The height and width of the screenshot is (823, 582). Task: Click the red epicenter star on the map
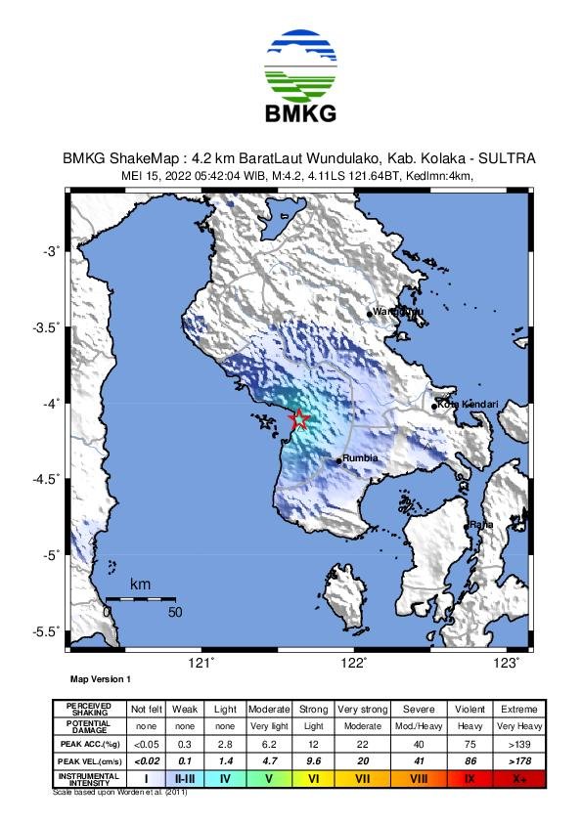(x=299, y=419)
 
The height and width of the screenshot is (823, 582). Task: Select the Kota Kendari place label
(x=470, y=404)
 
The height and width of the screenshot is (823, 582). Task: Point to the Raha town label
(x=480, y=525)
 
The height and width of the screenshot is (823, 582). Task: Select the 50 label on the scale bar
(x=175, y=613)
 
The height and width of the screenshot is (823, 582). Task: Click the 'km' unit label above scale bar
(x=140, y=585)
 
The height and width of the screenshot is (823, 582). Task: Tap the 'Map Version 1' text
(x=100, y=678)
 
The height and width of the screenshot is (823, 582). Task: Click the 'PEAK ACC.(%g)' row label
(x=89, y=743)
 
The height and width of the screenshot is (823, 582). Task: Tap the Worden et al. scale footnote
(x=119, y=792)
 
